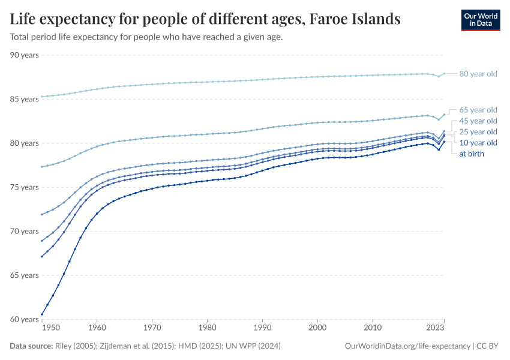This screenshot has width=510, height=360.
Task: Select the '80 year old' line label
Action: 478,74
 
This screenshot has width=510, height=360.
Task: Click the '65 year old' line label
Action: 478,110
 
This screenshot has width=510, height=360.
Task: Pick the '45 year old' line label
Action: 478,121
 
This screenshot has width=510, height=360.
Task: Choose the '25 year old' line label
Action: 478,131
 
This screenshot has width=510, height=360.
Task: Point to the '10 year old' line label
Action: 478,143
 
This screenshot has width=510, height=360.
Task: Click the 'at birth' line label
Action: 472,154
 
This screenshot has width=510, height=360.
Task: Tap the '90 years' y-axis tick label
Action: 25,55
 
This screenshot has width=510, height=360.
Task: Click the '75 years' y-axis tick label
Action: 25,187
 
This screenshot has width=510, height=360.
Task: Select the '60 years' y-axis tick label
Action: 25,319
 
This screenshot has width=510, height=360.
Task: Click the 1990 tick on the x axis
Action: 262,328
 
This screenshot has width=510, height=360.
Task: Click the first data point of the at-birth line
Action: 41,314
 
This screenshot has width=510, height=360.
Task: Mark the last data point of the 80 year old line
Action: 444,74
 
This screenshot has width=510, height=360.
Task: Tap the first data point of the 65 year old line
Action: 41,167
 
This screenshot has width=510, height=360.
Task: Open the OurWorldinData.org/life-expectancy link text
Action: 408,346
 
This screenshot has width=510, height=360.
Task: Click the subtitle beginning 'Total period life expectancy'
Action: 146,37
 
